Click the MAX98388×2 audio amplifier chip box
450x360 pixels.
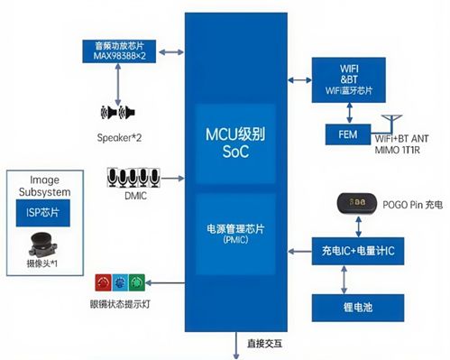[x=120, y=49]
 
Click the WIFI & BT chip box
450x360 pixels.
[x=347, y=77]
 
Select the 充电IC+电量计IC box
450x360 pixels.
[x=352, y=249]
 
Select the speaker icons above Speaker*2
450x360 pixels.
[x=119, y=113]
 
